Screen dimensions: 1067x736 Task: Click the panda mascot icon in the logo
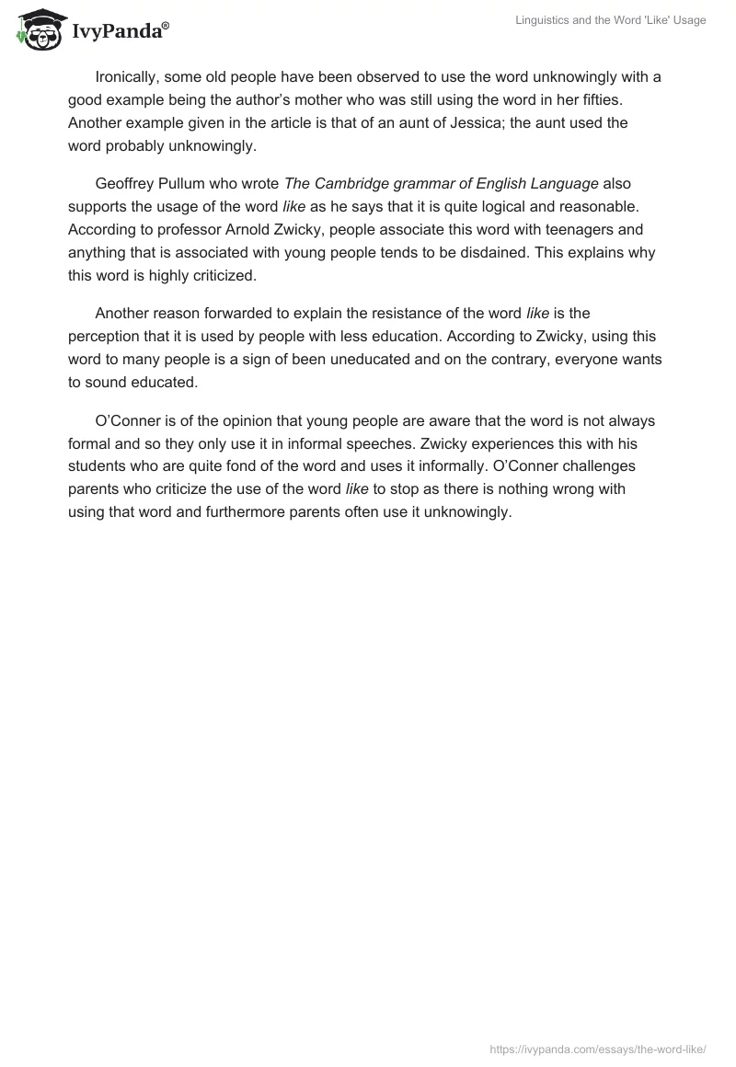(x=37, y=29)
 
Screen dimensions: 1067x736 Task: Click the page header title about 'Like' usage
(x=610, y=20)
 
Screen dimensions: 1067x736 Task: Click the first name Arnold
(x=253, y=229)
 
